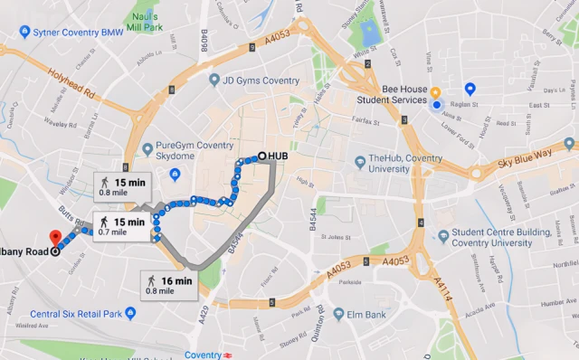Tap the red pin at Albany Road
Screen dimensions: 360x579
pyautogui.click(x=54, y=238)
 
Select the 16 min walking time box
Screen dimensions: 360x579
pyautogui.click(x=170, y=285)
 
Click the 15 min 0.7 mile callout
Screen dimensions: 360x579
pyautogui.click(x=120, y=226)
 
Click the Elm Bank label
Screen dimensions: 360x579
pyautogui.click(x=359, y=315)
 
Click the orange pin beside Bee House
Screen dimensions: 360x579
pyautogui.click(x=435, y=92)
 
